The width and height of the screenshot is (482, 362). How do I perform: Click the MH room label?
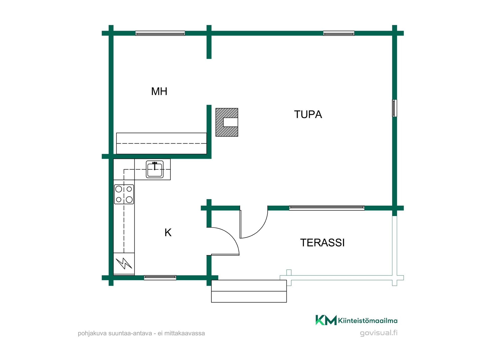click(x=159, y=91)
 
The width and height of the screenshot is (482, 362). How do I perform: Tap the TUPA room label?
click(x=308, y=114)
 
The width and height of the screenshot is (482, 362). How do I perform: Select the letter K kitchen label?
click(x=168, y=233)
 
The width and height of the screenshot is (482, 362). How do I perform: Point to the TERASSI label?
click(x=322, y=243)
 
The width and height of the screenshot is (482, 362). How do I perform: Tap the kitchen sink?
click(x=155, y=169)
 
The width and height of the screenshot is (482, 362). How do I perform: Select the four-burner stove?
click(x=124, y=194)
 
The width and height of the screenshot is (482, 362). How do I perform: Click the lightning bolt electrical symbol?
click(x=124, y=263)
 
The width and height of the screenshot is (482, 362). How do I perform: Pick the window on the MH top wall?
click(x=160, y=33)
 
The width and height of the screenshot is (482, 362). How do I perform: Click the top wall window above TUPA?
click(x=339, y=33)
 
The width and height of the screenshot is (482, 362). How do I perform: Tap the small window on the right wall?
click(x=395, y=108)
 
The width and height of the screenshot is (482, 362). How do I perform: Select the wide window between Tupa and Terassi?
click(x=327, y=208)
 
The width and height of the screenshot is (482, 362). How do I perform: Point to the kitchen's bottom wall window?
click(x=160, y=278)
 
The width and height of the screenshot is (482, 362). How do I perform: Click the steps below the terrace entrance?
click(x=249, y=291)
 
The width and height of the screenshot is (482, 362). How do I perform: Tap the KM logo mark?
click(x=326, y=320)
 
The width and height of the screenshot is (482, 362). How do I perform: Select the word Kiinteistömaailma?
click(x=368, y=321)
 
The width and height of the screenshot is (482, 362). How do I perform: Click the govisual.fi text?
click(x=379, y=333)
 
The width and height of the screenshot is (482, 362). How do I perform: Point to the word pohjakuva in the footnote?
click(x=92, y=334)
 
